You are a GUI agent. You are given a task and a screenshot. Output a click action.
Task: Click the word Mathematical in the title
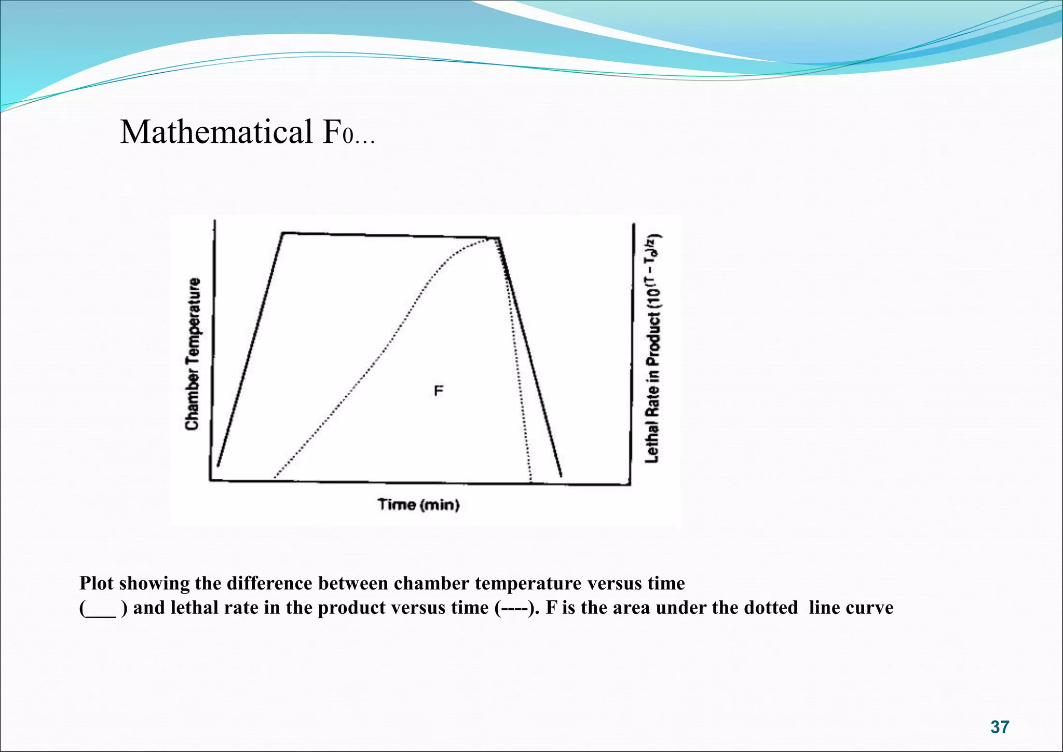[216, 132]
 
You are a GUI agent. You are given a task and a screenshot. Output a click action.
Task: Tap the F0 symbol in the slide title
[338, 133]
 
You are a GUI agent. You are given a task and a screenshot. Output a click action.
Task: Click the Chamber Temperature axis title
[193, 354]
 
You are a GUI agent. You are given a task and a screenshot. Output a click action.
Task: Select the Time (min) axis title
[418, 505]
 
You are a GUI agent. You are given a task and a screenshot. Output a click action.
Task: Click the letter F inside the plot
[439, 391]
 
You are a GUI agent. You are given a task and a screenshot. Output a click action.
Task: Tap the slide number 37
[1000, 727]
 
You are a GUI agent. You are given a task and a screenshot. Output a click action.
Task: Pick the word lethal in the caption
[189, 608]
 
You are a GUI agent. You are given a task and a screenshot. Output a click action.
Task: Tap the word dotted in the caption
[770, 608]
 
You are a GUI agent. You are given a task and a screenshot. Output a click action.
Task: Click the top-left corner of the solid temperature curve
[283, 233]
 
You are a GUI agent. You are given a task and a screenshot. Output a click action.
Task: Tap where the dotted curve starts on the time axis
[275, 476]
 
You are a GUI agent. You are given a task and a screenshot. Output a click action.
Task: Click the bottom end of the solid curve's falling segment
[561, 475]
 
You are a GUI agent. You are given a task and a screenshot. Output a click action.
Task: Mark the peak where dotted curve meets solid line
[496, 238]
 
